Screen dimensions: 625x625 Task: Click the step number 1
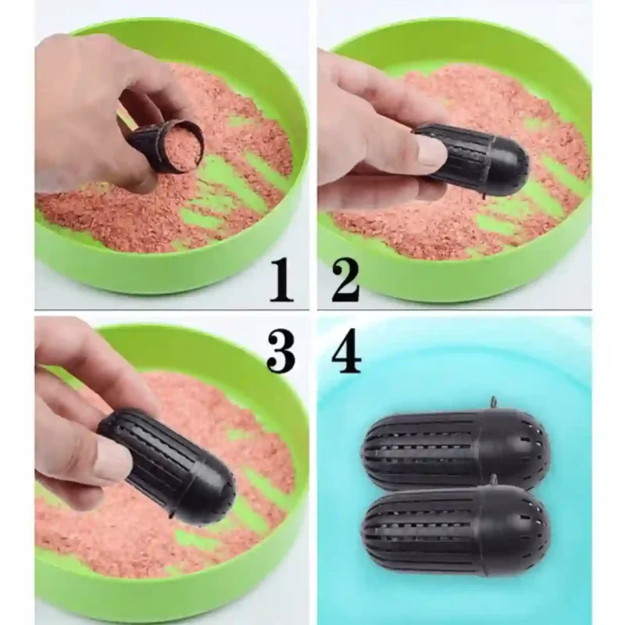(x=281, y=280)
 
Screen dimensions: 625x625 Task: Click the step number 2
(x=345, y=280)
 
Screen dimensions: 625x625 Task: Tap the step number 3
(x=281, y=352)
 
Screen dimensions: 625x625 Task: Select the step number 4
(x=346, y=352)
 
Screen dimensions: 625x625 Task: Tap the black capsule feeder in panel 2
(x=470, y=159)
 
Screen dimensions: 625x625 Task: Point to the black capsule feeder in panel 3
(x=167, y=463)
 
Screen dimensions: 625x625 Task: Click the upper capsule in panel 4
(x=455, y=447)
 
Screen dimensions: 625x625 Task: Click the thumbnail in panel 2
(x=431, y=151)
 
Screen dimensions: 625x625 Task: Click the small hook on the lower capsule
(x=494, y=479)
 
